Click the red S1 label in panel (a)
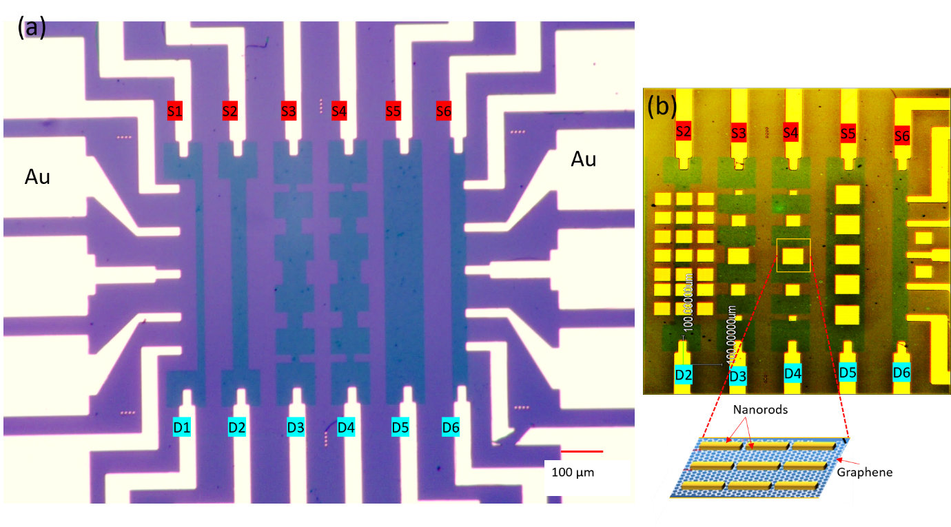pos(175,110)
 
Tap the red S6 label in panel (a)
pos(444,110)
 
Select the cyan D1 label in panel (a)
pos(182,427)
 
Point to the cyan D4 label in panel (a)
pos(346,427)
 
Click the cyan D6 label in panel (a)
pos(451,427)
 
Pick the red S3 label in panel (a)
pos(289,110)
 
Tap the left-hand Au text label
pos(38,177)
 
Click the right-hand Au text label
pos(584,160)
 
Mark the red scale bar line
pos(582,451)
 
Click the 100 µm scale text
pos(573,473)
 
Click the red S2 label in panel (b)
pos(683,131)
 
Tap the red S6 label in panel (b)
pos(902,136)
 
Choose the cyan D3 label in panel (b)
pos(737,376)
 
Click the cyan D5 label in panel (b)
pos(848,373)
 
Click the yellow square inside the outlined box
pos(793,257)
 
